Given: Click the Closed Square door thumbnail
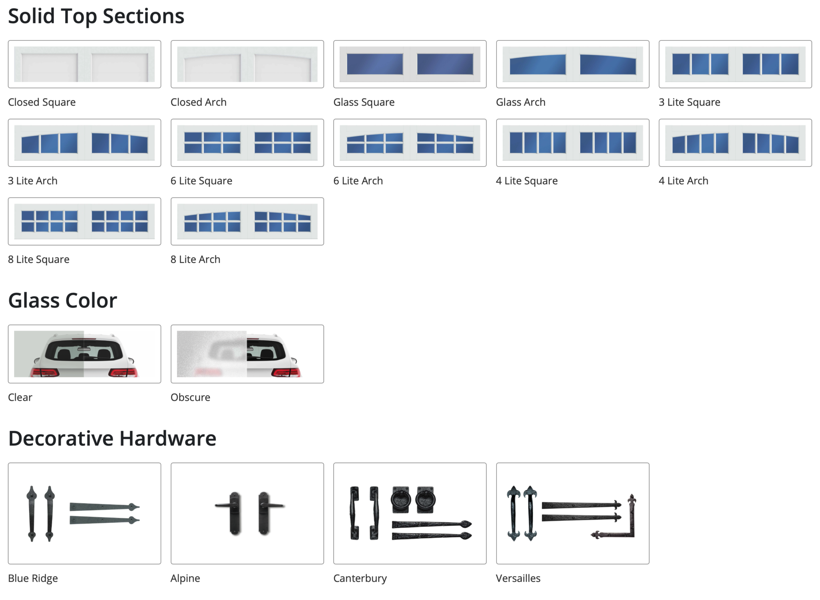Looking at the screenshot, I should click(84, 64).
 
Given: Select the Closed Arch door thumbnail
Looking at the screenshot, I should click(247, 64).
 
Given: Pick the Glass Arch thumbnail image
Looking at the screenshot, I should click(573, 64).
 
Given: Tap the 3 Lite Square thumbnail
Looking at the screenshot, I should click(735, 64).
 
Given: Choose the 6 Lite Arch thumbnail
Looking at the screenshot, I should click(410, 142).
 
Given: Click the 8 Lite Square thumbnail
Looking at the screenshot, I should click(84, 221).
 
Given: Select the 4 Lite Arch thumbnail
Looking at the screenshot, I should click(735, 142).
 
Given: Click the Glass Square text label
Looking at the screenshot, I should click(364, 102).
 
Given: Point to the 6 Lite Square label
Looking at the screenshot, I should click(201, 181).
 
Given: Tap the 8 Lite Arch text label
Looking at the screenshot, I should click(195, 259).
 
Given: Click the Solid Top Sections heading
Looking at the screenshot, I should click(96, 16).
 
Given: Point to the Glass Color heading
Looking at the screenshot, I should click(62, 301).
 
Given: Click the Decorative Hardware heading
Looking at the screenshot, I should click(112, 438).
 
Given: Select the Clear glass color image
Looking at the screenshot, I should click(84, 354).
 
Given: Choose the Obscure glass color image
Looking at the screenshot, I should click(247, 354).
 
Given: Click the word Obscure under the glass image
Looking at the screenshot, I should click(190, 397).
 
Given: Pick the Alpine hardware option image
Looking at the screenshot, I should click(247, 513).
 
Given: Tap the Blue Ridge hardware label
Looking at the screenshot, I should click(33, 578).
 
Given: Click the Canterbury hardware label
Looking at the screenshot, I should click(360, 578).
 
